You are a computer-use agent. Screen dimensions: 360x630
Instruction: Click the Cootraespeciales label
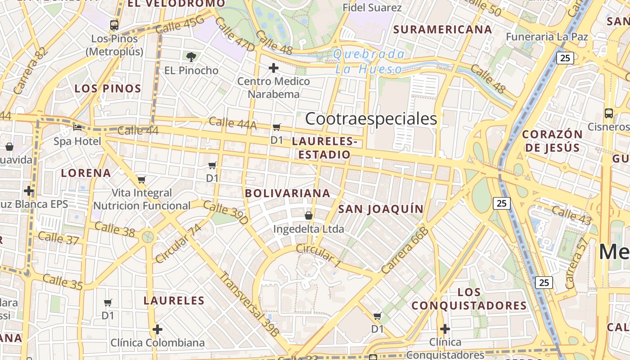click(x=371, y=119)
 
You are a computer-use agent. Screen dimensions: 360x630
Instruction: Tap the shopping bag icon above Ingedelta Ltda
click(x=309, y=216)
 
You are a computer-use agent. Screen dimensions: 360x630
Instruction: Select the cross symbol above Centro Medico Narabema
click(x=273, y=68)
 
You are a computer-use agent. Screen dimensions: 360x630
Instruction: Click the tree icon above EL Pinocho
click(x=191, y=57)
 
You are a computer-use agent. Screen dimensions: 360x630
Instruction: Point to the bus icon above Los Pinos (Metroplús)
click(x=114, y=25)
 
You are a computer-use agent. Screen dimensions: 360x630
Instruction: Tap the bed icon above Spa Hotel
click(x=78, y=128)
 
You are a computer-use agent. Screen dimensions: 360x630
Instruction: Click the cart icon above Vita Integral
click(x=142, y=180)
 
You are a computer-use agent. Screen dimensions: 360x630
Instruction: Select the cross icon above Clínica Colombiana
click(x=157, y=329)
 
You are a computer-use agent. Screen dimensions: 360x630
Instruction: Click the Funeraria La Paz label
click(x=547, y=37)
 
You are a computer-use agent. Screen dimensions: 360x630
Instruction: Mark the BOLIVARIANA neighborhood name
click(x=288, y=193)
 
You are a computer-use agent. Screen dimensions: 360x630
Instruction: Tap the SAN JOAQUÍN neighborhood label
click(x=381, y=209)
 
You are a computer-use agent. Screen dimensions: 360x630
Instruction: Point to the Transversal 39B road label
click(x=249, y=304)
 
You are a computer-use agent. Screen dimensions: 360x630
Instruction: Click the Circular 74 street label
click(x=179, y=243)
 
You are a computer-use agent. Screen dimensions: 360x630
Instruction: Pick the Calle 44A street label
click(x=233, y=123)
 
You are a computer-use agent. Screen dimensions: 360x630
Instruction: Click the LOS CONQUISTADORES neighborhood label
click(x=469, y=299)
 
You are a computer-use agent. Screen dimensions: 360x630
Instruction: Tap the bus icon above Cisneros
click(x=609, y=113)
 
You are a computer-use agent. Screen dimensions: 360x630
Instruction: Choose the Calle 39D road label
click(x=225, y=213)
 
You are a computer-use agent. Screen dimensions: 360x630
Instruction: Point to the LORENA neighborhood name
click(x=86, y=173)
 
